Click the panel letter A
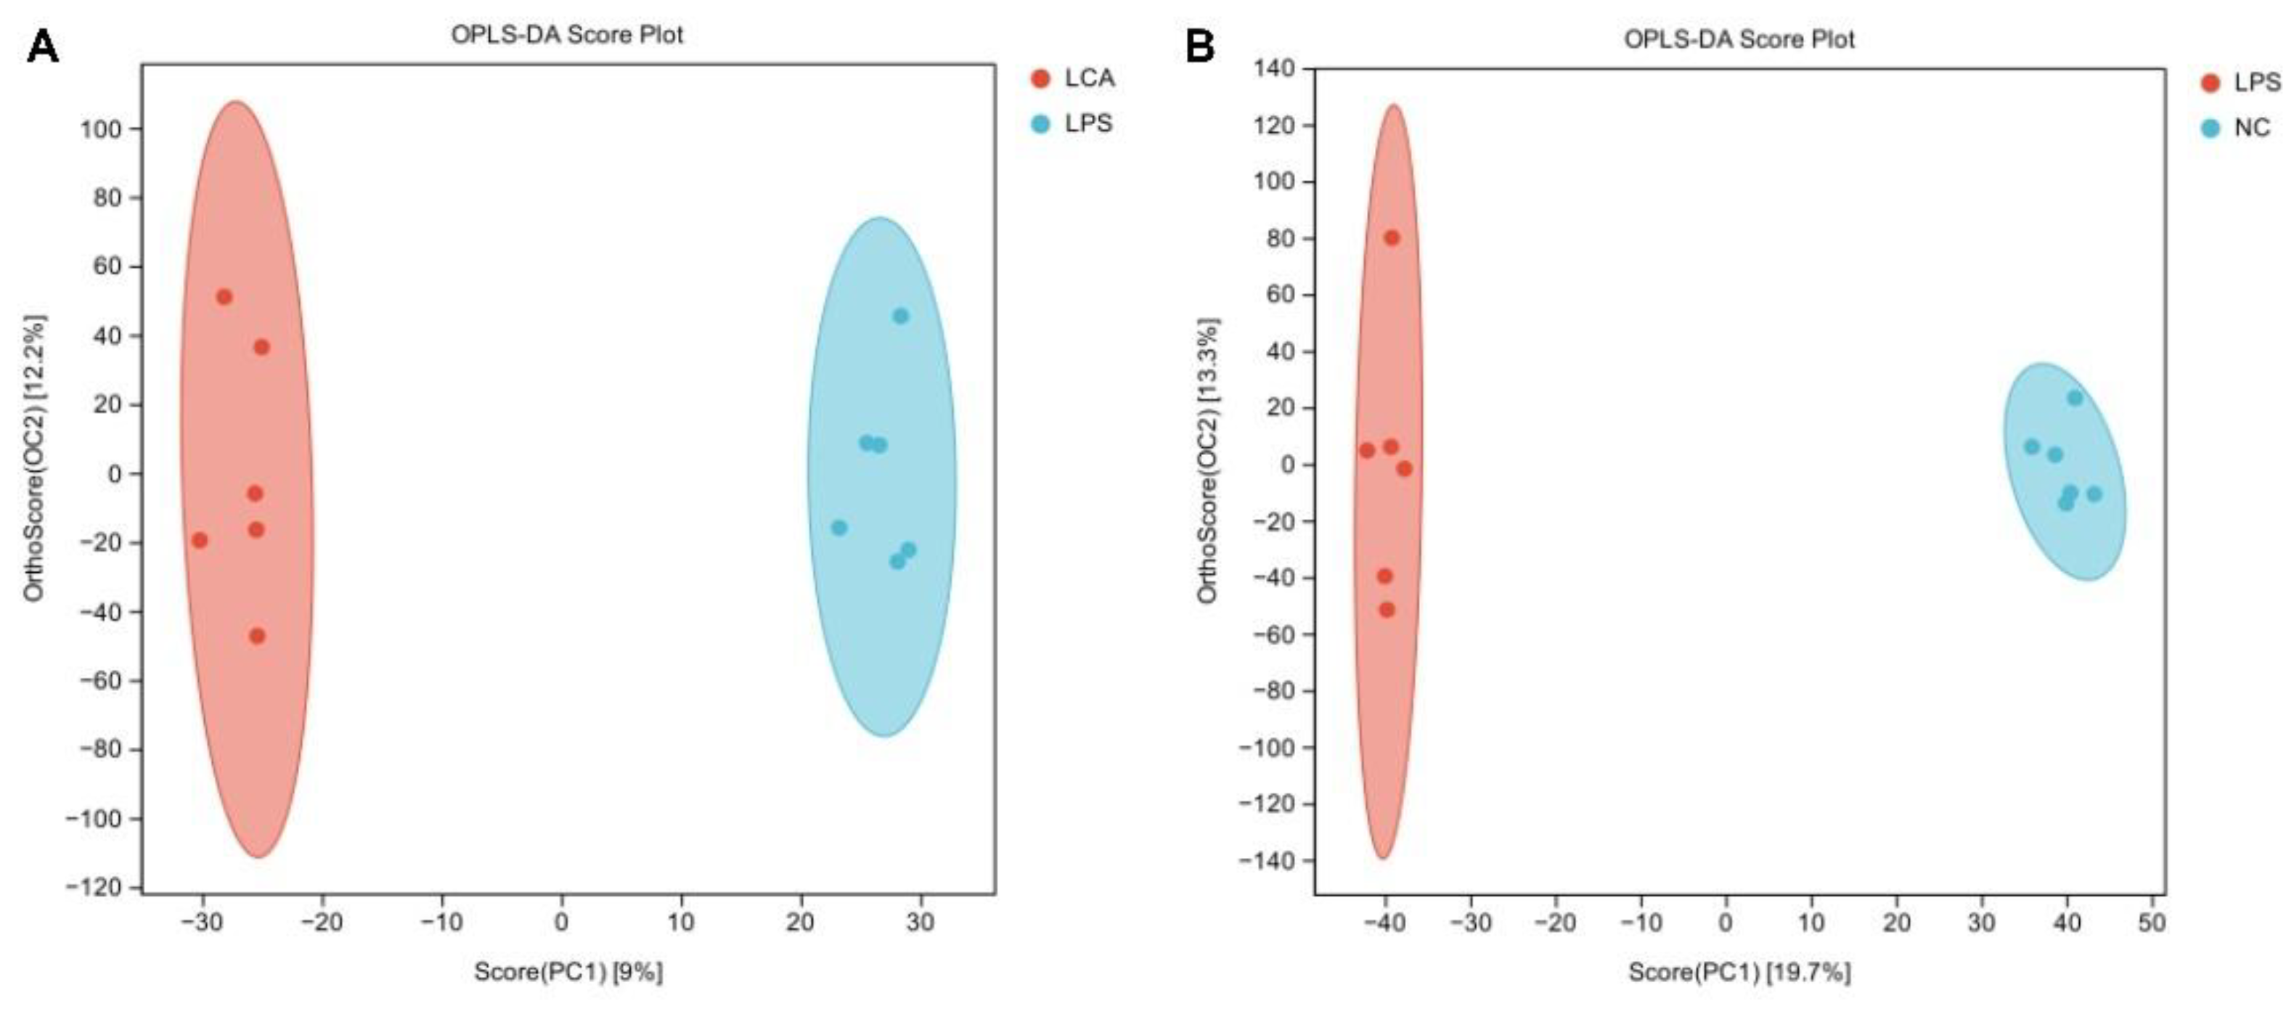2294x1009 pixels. pos(43,46)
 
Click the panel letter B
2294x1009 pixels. pos(1199,46)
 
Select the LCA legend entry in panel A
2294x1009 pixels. pos(1088,78)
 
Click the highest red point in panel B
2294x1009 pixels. pos(1391,238)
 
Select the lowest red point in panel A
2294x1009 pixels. pos(258,636)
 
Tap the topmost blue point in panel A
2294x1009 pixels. pos(900,316)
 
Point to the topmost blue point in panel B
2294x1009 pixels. pos(2075,398)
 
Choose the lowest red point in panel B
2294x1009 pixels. pos(1387,610)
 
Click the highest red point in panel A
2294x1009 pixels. pos(224,297)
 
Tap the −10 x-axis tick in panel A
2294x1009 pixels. pos(441,922)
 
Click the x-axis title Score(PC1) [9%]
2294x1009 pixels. pos(568,971)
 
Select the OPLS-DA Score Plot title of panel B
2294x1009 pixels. pos(1739,39)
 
